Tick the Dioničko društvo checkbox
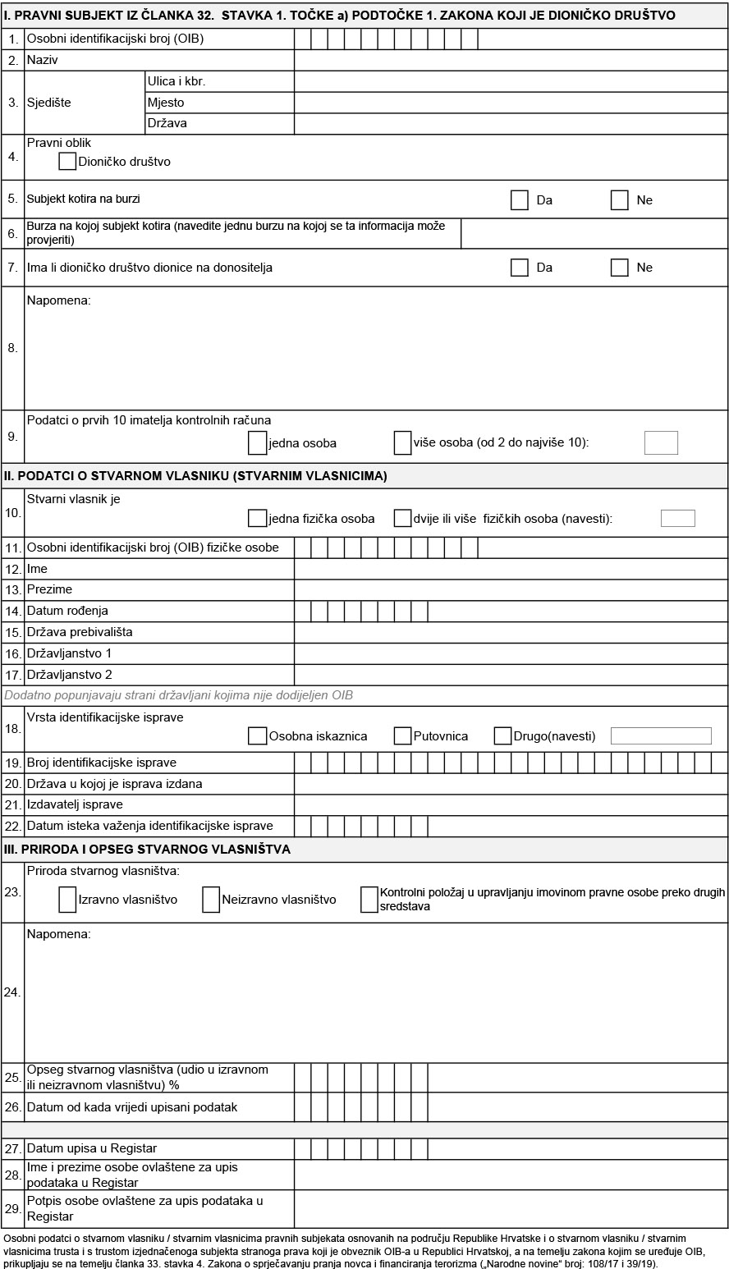coord(67,162)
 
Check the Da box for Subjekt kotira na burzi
coord(519,200)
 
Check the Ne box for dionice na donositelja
coord(620,268)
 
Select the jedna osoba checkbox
coord(257,443)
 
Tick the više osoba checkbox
coord(402,443)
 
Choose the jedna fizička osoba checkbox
coord(257,518)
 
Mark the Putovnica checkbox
coord(402,735)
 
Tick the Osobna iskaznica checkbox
coord(257,735)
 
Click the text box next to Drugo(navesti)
coord(661,735)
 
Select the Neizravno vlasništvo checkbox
coord(211,900)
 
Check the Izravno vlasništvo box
coord(67,900)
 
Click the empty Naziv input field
coord(510,61)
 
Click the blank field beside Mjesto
coord(510,103)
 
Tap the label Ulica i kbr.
coord(177,82)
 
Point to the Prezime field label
coord(49,589)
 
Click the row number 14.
coord(13,611)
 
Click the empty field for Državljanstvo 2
coord(510,675)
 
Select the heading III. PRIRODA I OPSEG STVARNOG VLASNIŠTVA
coord(148,850)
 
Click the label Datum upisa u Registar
coord(92,1148)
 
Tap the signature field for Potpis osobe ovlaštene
coord(510,1208)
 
